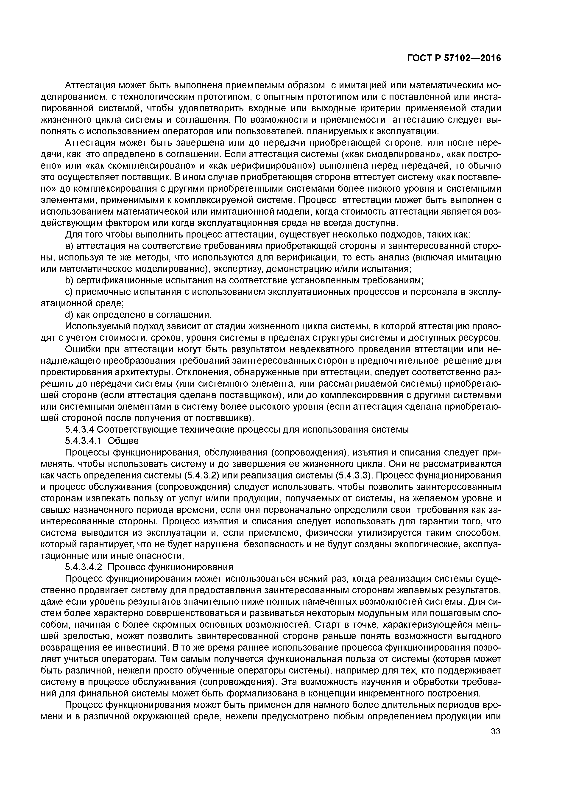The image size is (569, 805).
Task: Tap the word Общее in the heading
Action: (x=123, y=441)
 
